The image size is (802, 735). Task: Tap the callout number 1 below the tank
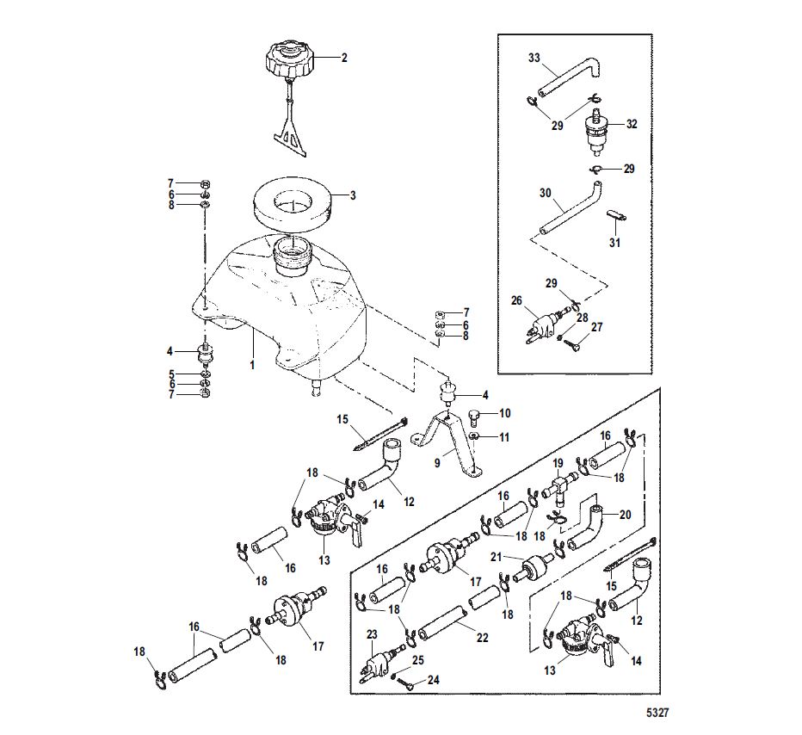(251, 365)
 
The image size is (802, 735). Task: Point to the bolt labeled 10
(475, 417)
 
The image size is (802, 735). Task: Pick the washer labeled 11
(474, 436)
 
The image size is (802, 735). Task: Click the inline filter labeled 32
(595, 131)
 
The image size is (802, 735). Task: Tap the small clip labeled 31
(617, 215)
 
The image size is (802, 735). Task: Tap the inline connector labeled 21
(534, 566)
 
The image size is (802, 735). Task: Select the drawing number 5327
(657, 713)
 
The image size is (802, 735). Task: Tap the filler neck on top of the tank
(291, 257)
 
